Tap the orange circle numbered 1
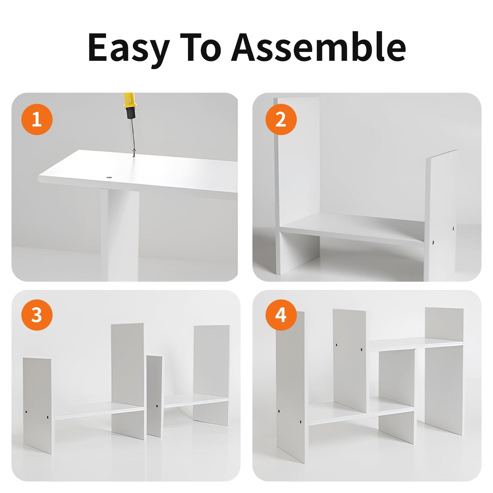coord(37,119)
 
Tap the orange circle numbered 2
coord(281,119)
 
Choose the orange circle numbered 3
coord(37,315)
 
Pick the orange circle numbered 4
coord(281,315)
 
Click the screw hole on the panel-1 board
coord(108,176)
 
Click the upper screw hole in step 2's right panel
coord(453,228)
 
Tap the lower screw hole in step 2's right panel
coord(434,242)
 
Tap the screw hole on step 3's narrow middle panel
coord(157,406)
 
